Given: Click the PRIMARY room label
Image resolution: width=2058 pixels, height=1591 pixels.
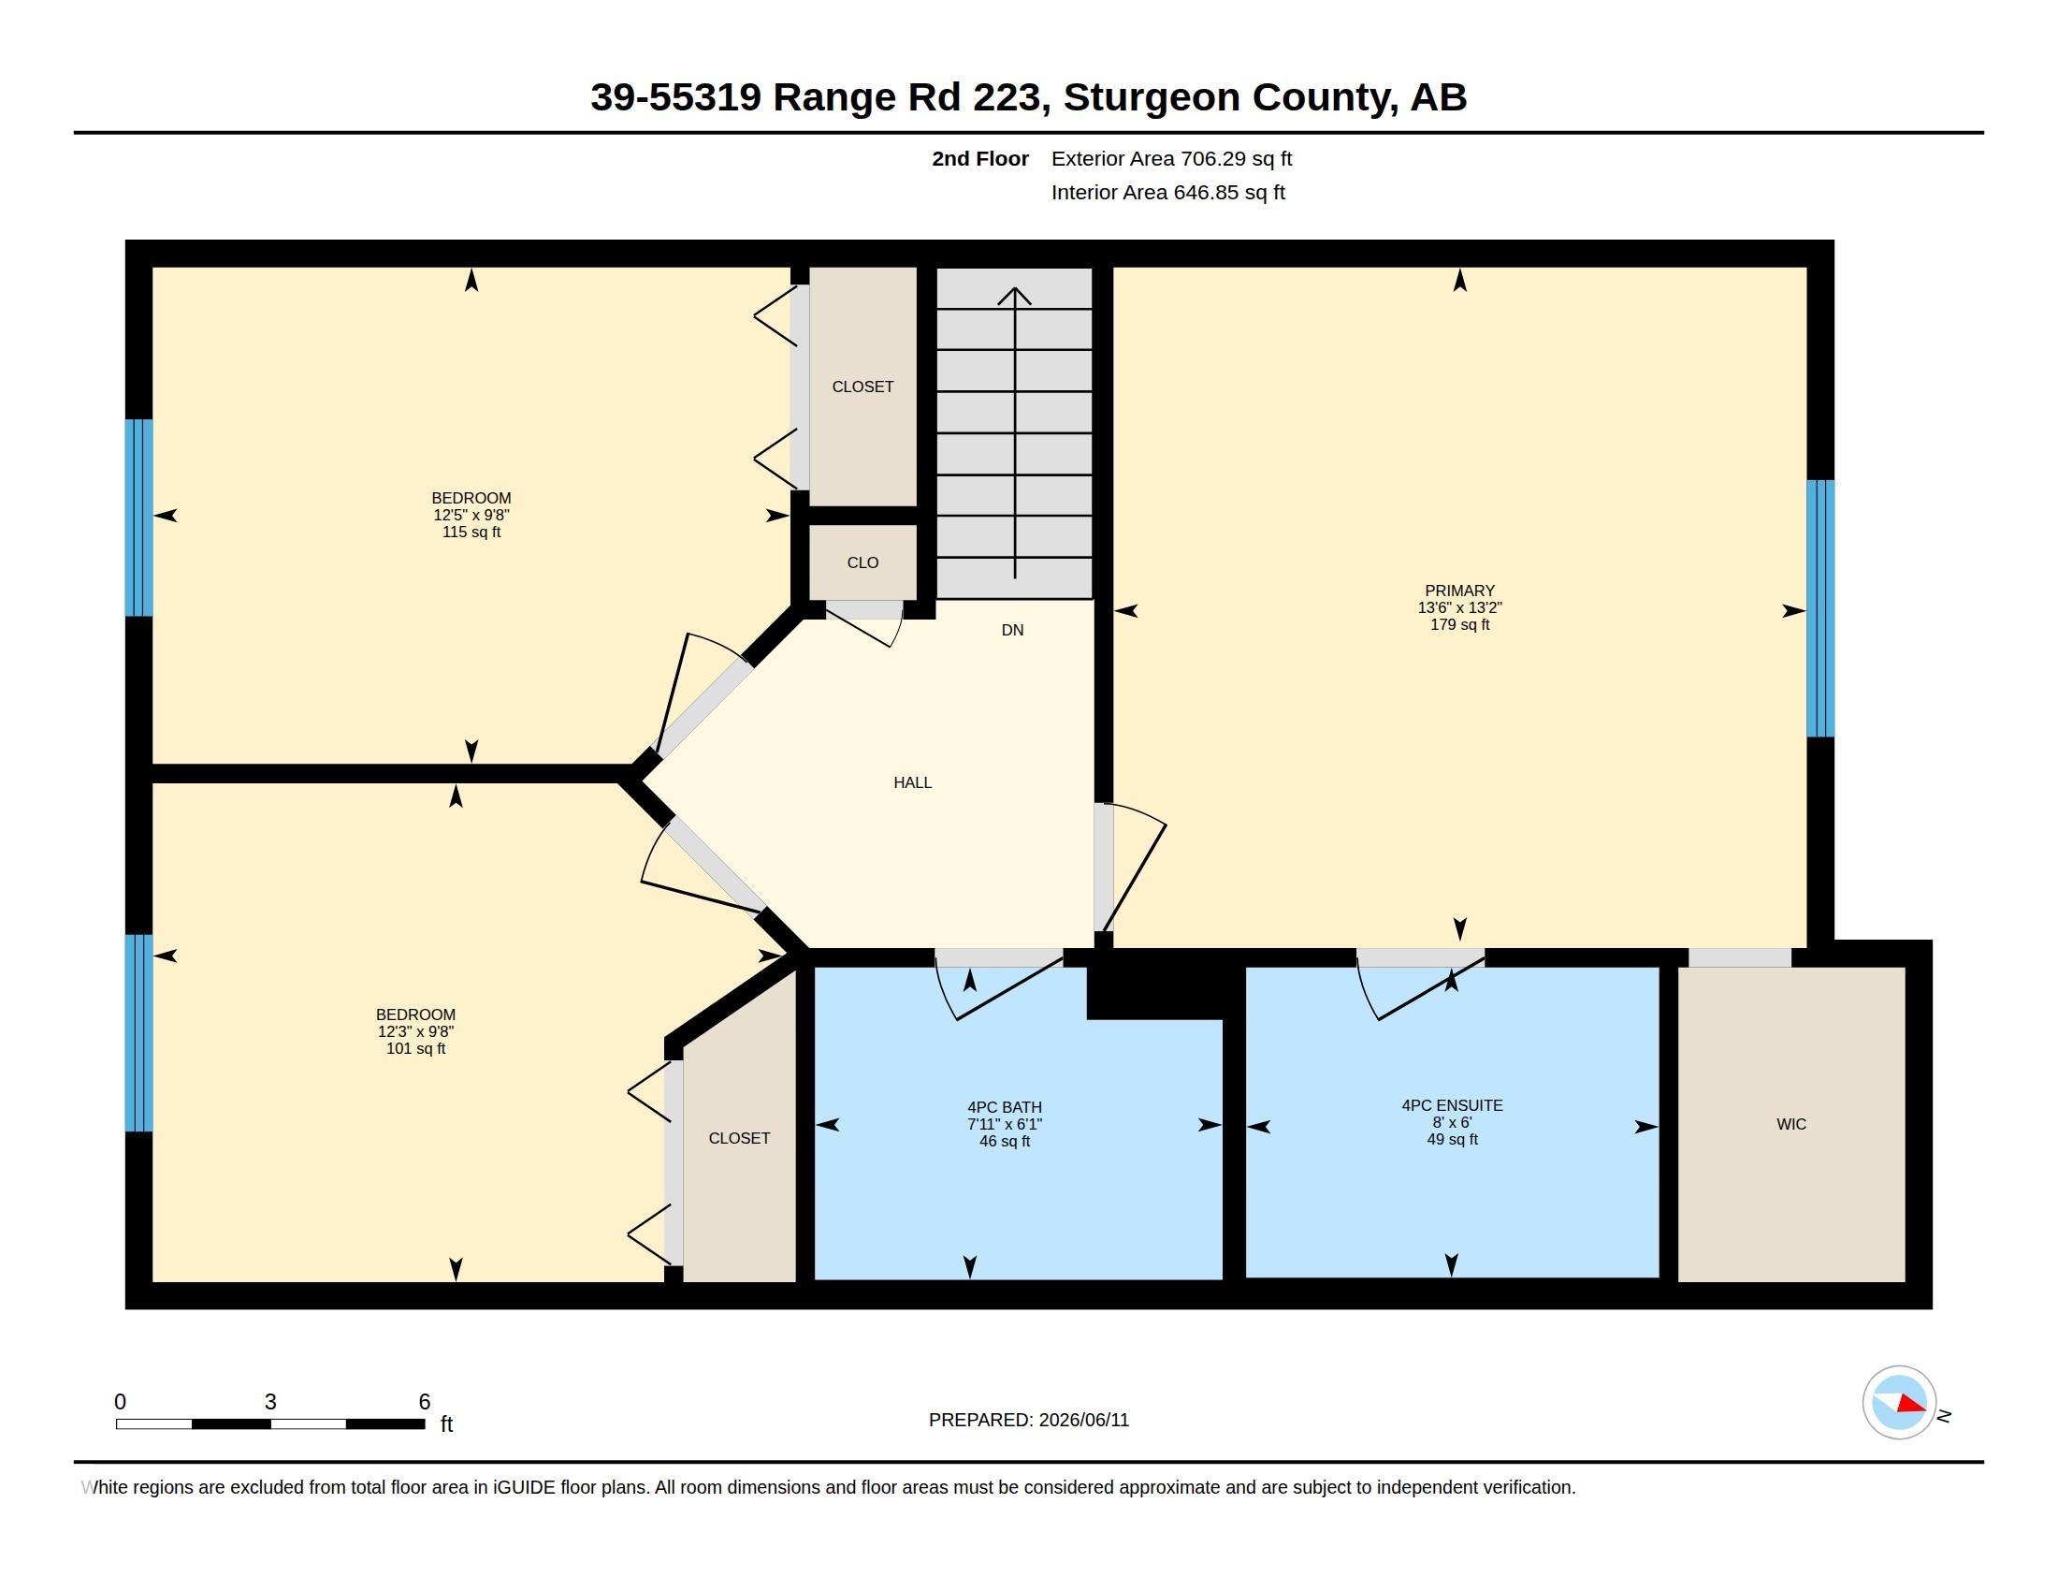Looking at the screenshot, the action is coord(1458,591).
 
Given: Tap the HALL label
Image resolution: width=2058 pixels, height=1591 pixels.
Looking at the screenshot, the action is coord(912,782).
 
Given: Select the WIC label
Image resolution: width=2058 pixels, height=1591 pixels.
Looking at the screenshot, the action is coord(1790,1123).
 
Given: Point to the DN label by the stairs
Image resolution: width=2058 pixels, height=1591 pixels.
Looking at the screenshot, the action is coord(1012,630).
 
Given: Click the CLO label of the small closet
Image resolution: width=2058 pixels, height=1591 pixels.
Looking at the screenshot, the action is coord(862,562).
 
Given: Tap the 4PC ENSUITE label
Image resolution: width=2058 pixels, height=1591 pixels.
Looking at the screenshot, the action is coord(1452,1105).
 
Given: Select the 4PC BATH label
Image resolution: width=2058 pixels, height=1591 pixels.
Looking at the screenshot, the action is coord(1005,1107).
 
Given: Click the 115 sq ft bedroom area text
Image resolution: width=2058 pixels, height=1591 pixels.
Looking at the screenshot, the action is coord(471,532).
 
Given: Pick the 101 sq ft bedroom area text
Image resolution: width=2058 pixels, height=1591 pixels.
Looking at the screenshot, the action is coord(415,1048).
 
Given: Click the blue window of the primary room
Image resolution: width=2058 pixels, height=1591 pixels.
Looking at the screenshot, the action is coord(1819,608).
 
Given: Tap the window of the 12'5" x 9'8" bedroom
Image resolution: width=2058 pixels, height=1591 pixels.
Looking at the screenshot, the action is coord(138,518).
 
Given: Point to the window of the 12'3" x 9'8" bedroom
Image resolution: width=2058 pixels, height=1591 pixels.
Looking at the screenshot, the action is coord(138,1032).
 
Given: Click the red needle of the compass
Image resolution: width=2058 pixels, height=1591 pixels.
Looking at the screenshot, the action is coord(1912,1405).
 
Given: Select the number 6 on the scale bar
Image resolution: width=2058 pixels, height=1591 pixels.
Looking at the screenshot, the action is coord(424,1402).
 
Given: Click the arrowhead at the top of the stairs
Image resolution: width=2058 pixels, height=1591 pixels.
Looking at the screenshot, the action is coord(1014,296).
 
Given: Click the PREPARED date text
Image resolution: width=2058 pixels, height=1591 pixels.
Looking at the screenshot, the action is coord(1028,1420).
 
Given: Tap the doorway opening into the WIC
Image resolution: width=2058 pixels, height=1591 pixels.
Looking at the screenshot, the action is coord(1740,957).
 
